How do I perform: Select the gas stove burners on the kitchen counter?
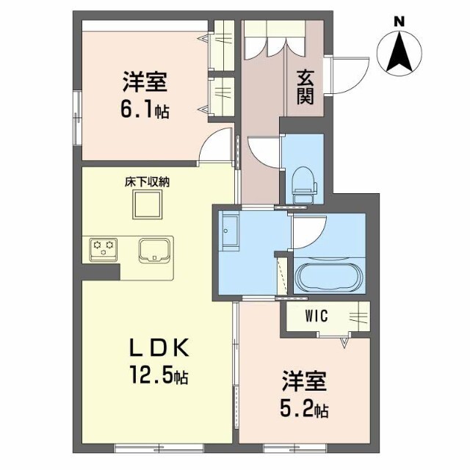click(104, 250)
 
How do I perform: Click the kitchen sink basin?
click(154, 250)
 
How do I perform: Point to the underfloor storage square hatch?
click(148, 204)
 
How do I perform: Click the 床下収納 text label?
click(147, 182)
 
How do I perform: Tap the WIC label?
click(317, 316)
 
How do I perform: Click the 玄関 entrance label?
click(305, 87)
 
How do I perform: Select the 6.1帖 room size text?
click(145, 110)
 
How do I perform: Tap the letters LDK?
click(159, 347)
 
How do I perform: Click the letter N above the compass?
click(399, 21)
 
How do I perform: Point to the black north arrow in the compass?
click(399, 51)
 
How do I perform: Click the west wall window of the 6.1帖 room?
click(77, 118)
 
